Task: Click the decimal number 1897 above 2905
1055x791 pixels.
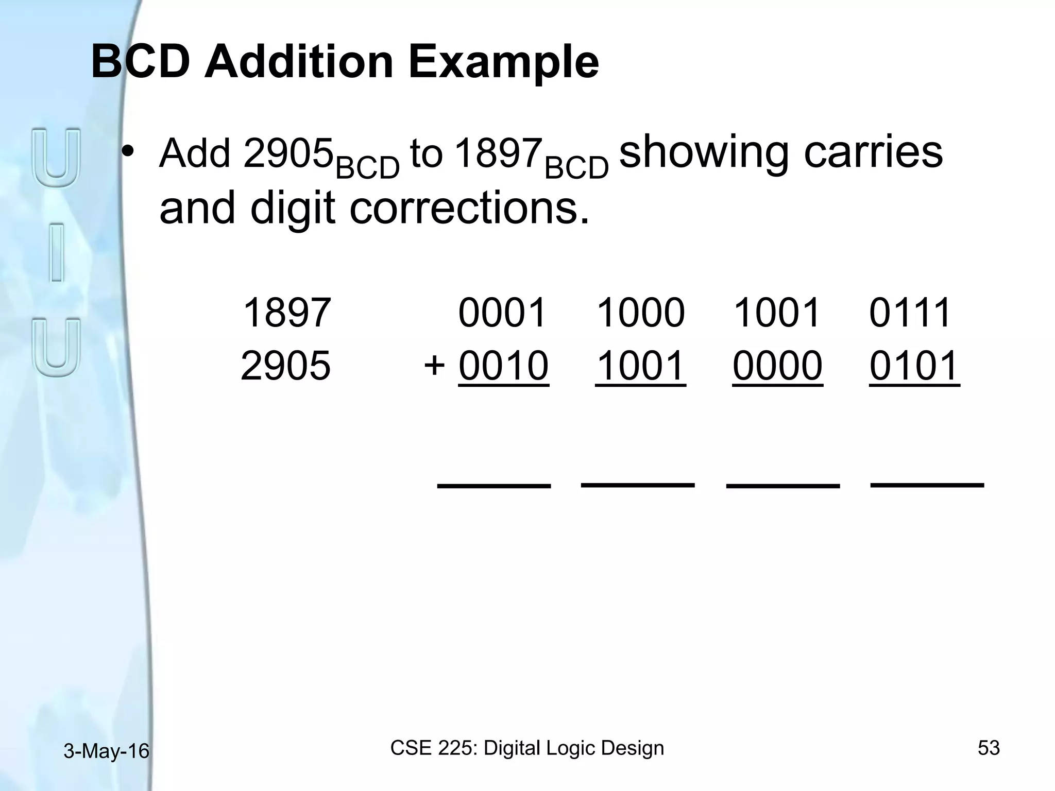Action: click(x=286, y=313)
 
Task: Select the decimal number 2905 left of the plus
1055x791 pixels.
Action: click(x=285, y=366)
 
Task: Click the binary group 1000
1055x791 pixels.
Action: click(x=640, y=313)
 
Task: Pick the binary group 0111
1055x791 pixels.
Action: click(x=910, y=313)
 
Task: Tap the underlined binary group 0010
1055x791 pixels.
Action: click(x=503, y=366)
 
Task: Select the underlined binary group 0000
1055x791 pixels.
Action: click(x=777, y=366)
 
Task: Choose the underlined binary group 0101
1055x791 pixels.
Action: click(x=914, y=366)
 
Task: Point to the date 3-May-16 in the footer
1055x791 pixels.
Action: click(x=106, y=751)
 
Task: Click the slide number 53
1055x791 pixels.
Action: click(x=989, y=748)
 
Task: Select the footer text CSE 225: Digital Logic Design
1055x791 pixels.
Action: click(x=527, y=748)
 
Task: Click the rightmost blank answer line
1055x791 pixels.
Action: click(x=927, y=485)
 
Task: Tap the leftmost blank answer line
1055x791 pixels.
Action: click(x=494, y=486)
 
